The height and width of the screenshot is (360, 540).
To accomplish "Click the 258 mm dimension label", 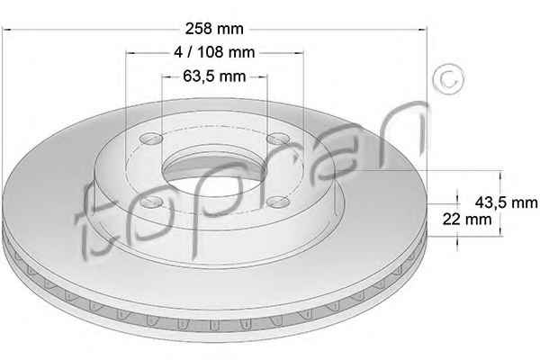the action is tap(214, 29).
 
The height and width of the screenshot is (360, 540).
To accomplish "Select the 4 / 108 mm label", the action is tap(214, 52).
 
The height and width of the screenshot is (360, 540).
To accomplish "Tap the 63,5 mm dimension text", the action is tap(214, 76).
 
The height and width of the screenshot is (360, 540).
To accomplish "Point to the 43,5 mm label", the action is tap(506, 202).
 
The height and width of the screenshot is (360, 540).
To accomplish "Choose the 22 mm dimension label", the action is tap(467, 219).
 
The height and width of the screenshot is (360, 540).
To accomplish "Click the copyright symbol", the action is tap(448, 79).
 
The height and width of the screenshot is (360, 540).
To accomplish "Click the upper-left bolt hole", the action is tap(151, 139).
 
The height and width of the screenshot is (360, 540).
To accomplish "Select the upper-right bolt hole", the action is tap(279, 139).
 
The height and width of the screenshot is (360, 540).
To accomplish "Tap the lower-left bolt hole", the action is tap(151, 202).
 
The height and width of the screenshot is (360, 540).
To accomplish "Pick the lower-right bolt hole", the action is tap(279, 202).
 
